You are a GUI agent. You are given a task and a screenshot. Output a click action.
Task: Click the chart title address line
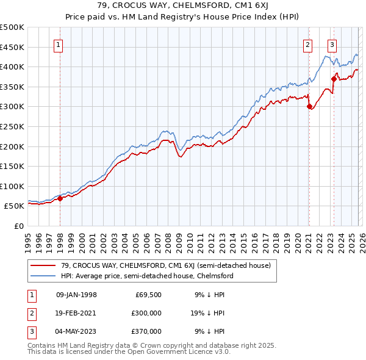coord(183,5)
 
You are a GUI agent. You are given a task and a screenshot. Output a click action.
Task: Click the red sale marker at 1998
coord(60,198)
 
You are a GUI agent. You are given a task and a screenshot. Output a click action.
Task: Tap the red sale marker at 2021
coord(309,107)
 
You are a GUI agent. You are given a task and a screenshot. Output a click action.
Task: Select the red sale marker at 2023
coord(334,79)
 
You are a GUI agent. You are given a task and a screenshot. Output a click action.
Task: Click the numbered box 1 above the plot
coord(59,45)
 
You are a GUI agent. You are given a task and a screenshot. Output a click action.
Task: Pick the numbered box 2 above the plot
coord(307,45)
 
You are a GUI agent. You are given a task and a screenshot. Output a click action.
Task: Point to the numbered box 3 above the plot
coord(332,45)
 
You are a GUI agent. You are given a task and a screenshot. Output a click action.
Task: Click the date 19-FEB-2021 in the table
coord(76,313)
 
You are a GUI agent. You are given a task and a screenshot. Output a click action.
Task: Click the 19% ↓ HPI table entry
coord(208,313)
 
